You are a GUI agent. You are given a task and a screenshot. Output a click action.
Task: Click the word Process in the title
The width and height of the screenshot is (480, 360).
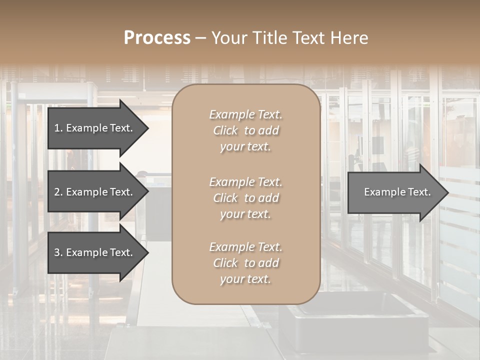(157, 38)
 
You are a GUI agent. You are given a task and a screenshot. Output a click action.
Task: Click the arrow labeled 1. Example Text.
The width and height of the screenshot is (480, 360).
(93, 128)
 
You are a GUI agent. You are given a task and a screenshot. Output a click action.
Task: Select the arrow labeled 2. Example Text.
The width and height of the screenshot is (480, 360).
(93, 192)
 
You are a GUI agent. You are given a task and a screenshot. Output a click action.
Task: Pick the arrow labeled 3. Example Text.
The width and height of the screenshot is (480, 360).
(93, 252)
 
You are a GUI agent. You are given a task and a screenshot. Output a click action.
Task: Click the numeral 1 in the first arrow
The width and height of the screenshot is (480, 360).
(57, 128)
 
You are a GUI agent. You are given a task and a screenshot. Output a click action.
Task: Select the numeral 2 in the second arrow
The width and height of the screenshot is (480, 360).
(57, 192)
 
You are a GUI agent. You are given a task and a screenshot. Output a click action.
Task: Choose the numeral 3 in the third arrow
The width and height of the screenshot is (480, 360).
(57, 252)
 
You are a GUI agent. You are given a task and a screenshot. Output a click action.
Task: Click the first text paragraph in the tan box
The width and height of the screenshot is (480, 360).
(245, 130)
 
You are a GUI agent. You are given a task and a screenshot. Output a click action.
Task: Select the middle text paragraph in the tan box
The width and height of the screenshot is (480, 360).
(245, 198)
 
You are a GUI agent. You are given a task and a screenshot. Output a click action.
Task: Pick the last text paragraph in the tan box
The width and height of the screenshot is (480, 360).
(245, 263)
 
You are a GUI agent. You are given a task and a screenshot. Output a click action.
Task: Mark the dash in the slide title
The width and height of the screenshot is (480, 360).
(200, 38)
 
